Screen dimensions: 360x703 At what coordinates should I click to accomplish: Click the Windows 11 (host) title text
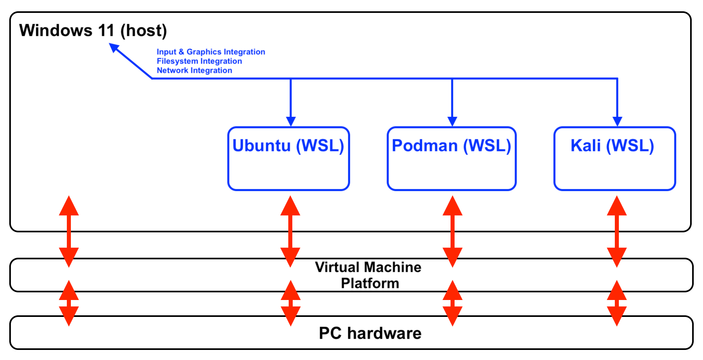93,31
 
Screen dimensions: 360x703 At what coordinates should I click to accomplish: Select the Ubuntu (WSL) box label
288,146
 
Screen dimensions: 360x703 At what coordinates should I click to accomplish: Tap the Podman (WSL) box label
451,146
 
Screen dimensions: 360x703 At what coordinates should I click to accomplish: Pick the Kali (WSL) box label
612,146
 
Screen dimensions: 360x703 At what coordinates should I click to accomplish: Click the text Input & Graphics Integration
211,52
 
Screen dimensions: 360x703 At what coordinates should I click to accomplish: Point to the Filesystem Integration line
199,61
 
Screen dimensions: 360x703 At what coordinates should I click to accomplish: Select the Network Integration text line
194,70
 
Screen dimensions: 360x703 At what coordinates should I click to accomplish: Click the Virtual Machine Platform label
368,275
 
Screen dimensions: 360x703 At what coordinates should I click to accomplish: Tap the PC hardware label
370,333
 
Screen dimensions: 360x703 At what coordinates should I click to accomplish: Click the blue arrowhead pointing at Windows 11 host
115,48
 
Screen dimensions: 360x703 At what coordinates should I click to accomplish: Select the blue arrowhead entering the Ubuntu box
291,121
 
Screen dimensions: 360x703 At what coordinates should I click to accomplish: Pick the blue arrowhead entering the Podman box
452,121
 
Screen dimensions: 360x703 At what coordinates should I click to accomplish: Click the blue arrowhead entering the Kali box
617,121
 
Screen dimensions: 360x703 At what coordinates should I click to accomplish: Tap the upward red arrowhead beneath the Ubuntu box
290,206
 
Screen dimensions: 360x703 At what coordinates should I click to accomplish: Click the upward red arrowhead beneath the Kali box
617,206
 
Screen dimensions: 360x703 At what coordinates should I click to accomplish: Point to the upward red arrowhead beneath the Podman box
453,206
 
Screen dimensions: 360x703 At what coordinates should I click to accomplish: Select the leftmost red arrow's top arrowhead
69,206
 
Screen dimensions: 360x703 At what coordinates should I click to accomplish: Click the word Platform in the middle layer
370,283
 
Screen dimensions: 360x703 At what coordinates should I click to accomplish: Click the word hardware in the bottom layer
384,333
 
